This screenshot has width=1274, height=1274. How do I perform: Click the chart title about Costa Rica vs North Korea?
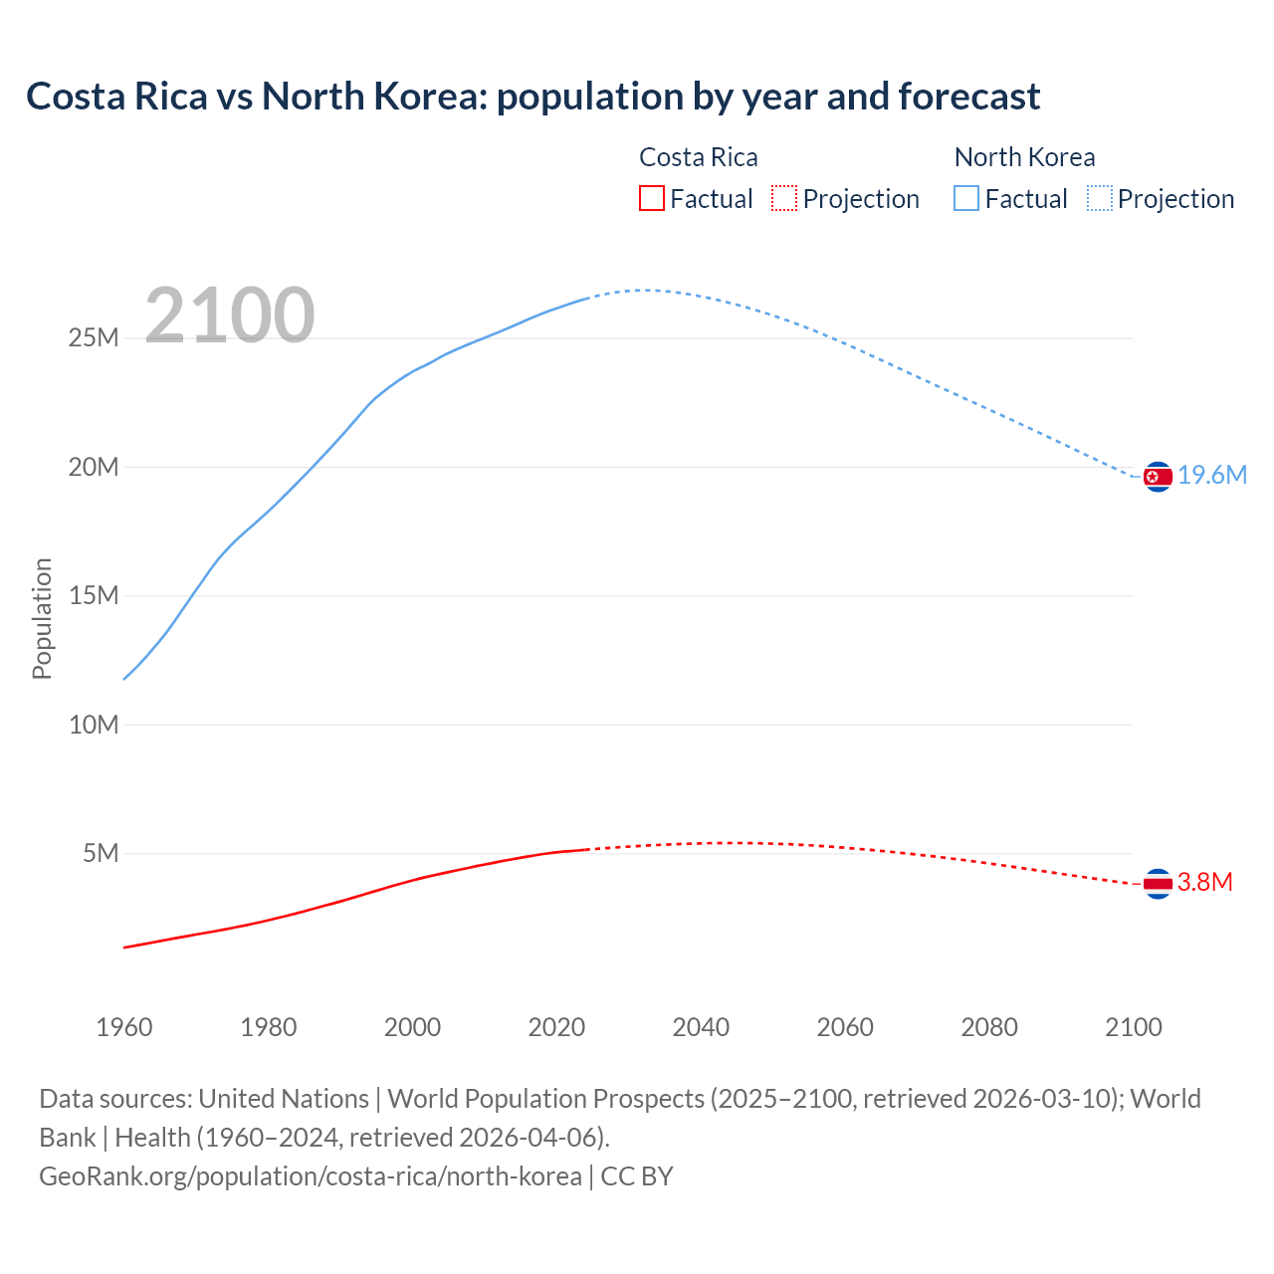point(532,97)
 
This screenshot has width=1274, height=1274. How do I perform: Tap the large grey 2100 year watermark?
point(230,316)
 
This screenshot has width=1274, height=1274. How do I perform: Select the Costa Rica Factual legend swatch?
point(651,198)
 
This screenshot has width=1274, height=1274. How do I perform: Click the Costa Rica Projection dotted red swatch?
point(784,198)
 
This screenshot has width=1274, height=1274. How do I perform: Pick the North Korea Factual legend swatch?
point(966,198)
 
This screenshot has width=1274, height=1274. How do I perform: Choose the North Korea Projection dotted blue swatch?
point(1099,198)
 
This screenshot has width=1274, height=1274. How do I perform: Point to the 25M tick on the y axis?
point(94,338)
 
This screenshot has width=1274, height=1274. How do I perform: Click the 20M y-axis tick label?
point(94,467)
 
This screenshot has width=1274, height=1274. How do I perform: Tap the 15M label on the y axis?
point(94,595)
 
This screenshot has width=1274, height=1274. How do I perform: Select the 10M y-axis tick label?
point(94,725)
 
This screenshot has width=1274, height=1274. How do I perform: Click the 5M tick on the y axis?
point(101,853)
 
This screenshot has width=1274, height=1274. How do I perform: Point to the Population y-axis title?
point(42,618)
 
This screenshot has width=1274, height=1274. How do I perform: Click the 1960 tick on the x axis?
point(124,1027)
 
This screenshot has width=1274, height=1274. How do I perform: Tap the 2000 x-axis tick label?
point(412,1027)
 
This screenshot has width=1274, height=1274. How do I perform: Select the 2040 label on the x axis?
point(701,1027)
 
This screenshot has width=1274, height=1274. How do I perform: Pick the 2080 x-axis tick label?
point(989,1027)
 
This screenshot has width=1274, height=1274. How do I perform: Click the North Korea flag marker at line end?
point(1158,477)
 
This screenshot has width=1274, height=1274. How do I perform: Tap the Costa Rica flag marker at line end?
point(1158,883)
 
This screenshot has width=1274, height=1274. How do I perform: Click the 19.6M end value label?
point(1212,476)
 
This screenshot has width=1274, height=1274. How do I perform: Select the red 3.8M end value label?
point(1205,883)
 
